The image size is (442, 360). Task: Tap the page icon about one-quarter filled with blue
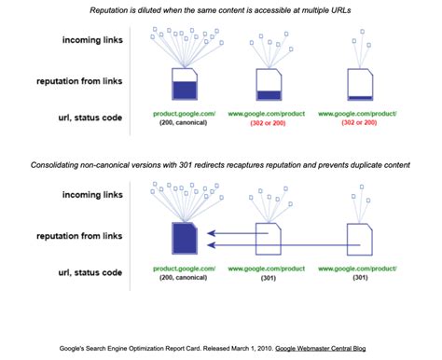(269, 85)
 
